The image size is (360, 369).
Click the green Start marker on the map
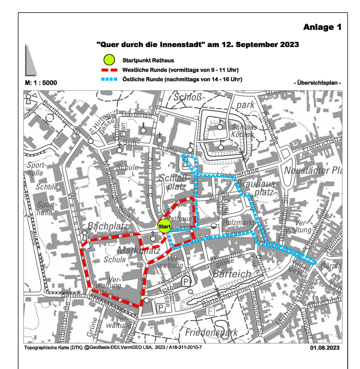point(164,227)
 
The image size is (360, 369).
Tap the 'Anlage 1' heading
point(322,27)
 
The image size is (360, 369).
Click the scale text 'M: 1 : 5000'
point(41,83)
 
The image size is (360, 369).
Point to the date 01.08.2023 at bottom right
point(325,348)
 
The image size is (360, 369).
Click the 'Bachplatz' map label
point(108,227)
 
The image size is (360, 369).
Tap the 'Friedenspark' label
point(212,332)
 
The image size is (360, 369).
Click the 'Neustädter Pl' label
point(312,170)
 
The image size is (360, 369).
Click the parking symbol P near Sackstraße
point(186,281)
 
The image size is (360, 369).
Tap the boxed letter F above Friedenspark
point(210,311)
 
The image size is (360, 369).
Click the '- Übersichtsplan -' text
point(318,83)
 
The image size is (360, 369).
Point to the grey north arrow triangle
point(30,61)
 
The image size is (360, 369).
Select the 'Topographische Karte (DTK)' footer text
point(53,348)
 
